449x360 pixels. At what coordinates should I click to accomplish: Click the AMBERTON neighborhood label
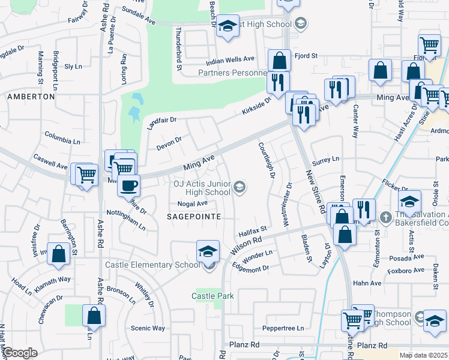[x=31, y=97]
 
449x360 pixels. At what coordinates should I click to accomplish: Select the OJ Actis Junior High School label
[x=202, y=188]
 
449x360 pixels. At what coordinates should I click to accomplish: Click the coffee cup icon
[x=128, y=185]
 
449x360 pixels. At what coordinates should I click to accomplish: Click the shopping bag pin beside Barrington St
[x=59, y=254]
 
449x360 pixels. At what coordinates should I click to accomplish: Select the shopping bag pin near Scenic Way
[x=94, y=316]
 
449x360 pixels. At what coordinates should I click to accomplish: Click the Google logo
[x=20, y=353]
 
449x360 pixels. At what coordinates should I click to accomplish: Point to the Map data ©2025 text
[x=423, y=355]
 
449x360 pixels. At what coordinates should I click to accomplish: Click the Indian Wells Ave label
[x=231, y=61]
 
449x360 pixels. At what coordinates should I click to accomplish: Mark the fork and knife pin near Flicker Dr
[x=364, y=209]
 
